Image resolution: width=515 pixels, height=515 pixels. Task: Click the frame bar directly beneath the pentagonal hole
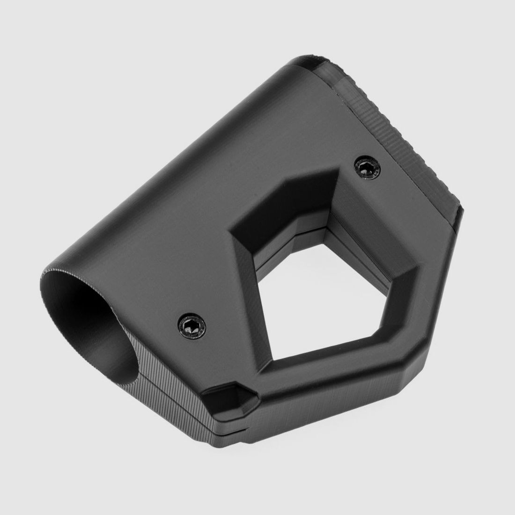(x=337, y=370)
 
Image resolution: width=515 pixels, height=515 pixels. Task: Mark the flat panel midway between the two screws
(x=276, y=243)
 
